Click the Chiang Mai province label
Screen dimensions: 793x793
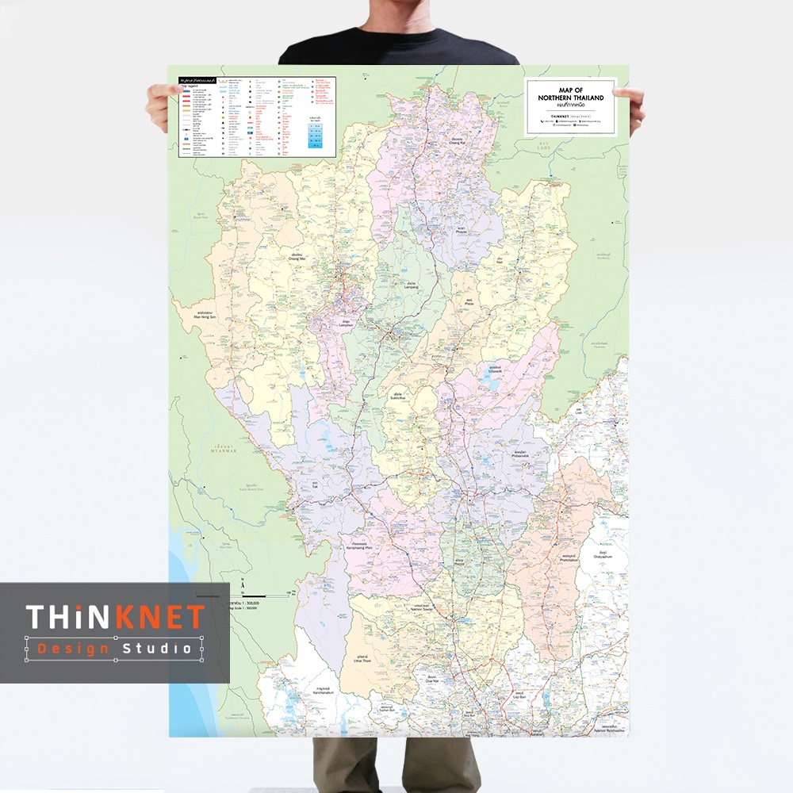click(x=297, y=256)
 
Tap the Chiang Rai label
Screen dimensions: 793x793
click(x=454, y=144)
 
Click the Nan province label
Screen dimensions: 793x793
click(x=500, y=261)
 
